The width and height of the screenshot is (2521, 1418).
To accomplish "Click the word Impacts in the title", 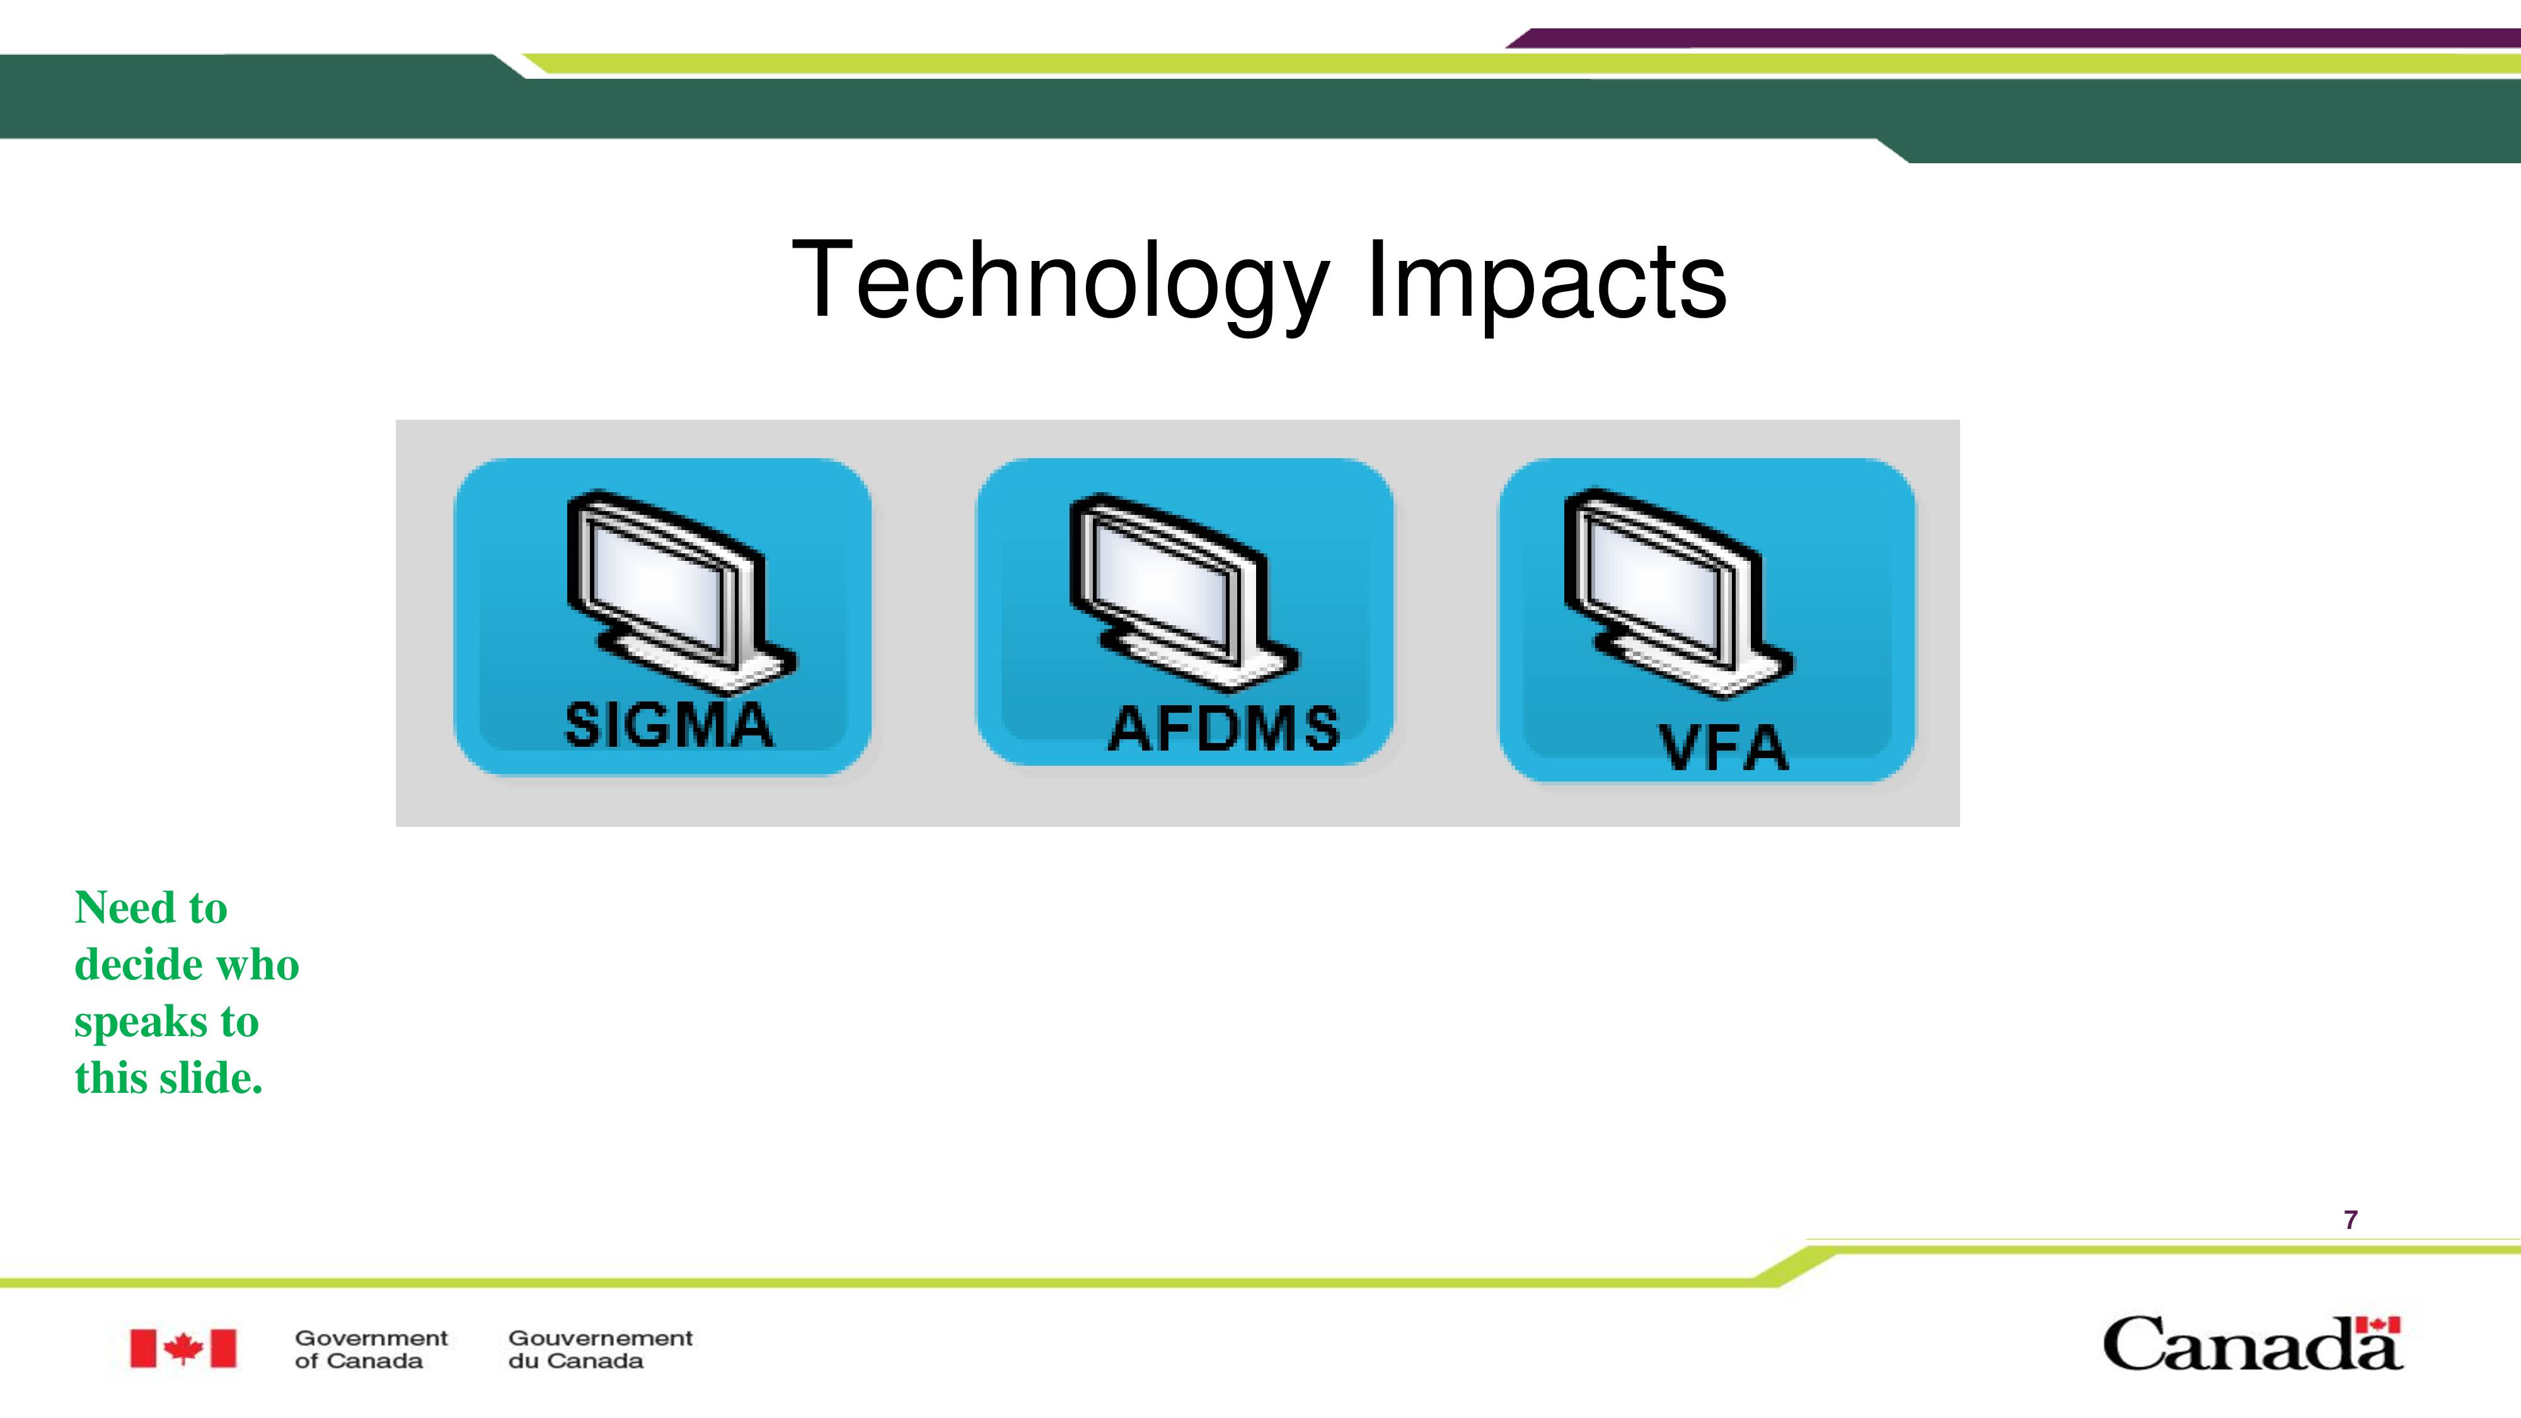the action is [1546, 282].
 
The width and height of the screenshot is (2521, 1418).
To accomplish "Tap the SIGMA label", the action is [669, 725].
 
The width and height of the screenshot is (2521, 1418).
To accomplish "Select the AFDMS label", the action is [1223, 729].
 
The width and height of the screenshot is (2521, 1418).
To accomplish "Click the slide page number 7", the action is [2351, 1219].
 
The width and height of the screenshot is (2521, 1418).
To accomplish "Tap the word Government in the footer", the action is [371, 1338].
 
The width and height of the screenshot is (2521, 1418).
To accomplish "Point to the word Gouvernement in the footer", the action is [600, 1338].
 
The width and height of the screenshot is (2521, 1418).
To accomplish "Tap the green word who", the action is [257, 965].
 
